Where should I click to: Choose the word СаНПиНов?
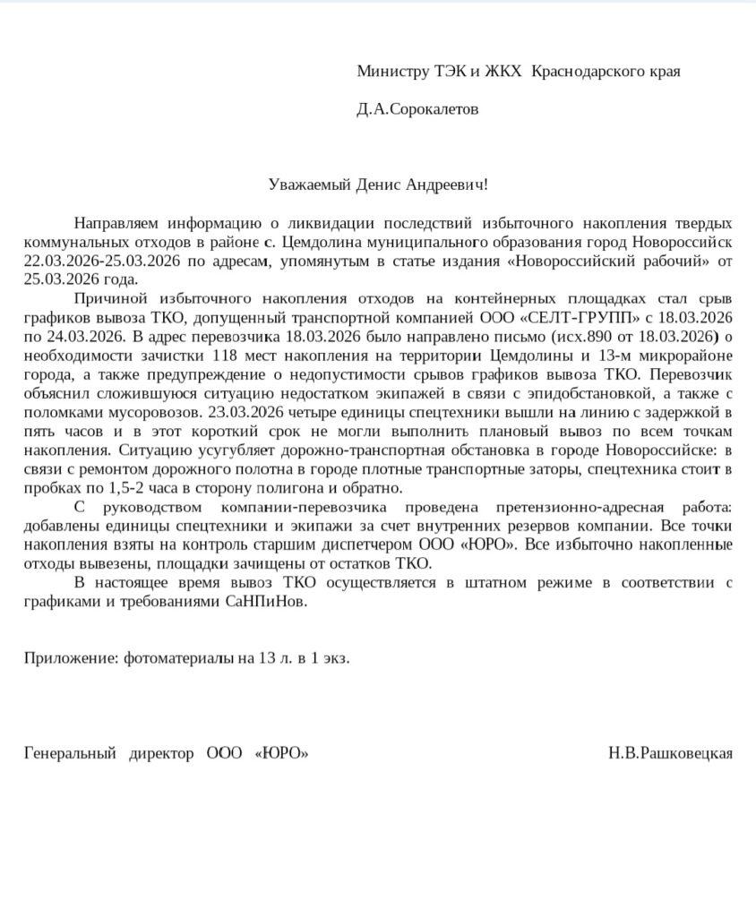tap(264, 602)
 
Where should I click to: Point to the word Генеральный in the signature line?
tap(70, 753)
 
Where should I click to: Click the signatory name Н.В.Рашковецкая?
tap(670, 753)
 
